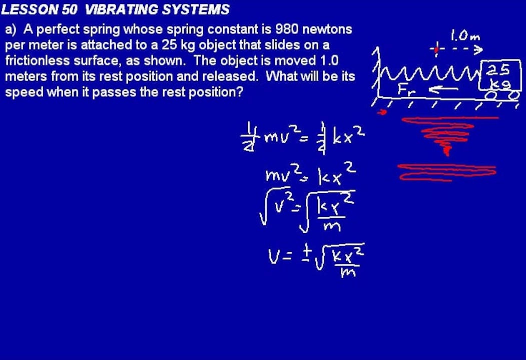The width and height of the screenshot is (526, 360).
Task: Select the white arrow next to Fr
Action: (x=443, y=90)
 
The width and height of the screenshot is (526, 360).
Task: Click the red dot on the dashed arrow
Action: (x=436, y=49)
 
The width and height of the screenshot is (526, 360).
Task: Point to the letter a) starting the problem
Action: (x=11, y=29)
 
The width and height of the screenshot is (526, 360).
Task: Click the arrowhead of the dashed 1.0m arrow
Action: (x=478, y=49)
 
